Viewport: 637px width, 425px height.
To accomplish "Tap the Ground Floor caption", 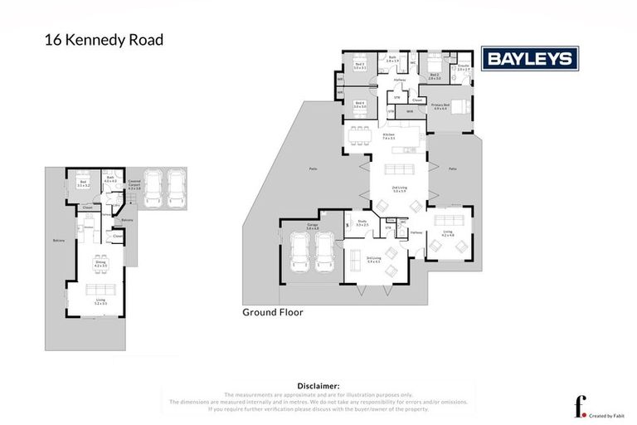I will tap(272, 313).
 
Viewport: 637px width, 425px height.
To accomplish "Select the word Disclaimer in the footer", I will tap(318, 386).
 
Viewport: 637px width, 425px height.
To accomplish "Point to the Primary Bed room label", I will tap(440, 107).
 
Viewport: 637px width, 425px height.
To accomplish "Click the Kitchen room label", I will tap(387, 136).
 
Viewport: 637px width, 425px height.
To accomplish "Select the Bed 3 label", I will tap(359, 66).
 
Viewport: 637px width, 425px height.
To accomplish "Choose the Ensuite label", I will tap(463, 68).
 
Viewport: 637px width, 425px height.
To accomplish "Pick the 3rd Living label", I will tap(373, 259).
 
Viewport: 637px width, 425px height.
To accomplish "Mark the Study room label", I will tap(362, 222).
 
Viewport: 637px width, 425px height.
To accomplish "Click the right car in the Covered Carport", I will tap(176, 188).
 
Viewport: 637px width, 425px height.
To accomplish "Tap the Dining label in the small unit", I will tap(100, 263).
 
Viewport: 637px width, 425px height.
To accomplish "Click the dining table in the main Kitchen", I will tap(357, 135).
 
